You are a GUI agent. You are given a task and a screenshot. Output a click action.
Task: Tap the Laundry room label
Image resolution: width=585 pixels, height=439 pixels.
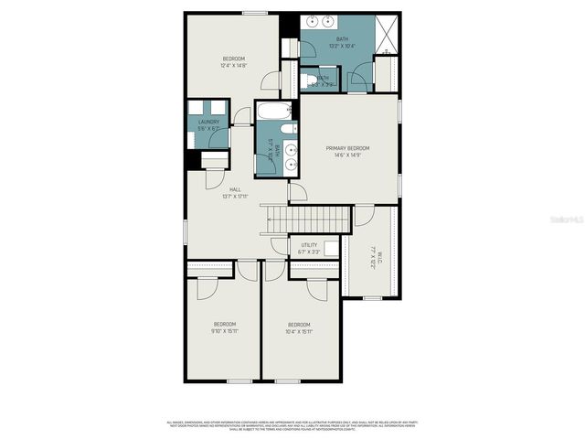point(208,121)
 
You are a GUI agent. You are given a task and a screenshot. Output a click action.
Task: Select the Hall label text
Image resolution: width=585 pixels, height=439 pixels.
point(235,189)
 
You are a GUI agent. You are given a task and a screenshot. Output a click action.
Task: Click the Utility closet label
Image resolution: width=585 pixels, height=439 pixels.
point(309,245)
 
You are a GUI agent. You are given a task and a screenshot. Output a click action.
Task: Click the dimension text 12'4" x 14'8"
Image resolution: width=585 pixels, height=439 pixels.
point(234,66)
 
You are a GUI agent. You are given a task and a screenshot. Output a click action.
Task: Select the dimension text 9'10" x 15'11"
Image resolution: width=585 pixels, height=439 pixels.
point(225,331)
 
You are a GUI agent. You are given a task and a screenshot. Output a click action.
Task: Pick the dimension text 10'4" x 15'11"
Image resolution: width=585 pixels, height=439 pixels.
point(300,331)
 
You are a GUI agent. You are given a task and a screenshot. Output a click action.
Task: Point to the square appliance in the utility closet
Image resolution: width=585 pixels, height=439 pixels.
point(331,246)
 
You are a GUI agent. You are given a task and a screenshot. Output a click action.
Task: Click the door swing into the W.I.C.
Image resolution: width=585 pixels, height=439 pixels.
point(364,216)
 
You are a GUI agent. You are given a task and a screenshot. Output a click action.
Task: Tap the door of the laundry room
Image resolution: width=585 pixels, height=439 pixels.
point(241,116)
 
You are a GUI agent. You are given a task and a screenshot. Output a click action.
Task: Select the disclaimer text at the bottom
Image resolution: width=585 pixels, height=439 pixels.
point(292,425)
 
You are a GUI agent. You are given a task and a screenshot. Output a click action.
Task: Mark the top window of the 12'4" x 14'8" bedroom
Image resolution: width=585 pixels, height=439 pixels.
point(255,12)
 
